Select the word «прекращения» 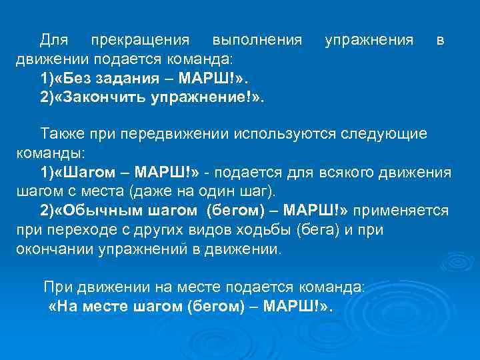[140, 41]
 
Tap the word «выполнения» [253, 41]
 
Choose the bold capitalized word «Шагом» [79, 173]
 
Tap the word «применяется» [401, 211]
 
